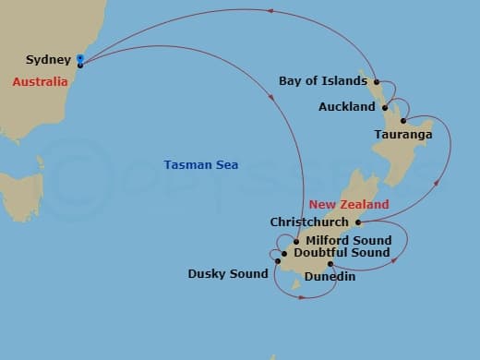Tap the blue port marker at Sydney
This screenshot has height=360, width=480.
click(80, 60)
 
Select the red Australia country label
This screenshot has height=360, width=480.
click(40, 81)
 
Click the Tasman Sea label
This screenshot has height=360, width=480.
click(201, 165)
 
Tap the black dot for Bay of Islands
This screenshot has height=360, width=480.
click(377, 81)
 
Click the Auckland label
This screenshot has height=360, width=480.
click(346, 107)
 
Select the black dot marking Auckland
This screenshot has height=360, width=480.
click(385, 107)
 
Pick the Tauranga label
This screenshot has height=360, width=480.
click(403, 135)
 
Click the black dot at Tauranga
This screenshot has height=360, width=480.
click(403, 121)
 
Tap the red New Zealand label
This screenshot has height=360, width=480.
click(349, 204)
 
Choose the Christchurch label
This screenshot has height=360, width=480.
click(309, 222)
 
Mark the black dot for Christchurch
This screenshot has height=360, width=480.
click(358, 222)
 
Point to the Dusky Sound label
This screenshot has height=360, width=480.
click(228, 273)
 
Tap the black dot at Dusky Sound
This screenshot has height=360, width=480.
click(277, 260)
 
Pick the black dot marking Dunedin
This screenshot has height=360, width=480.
click(330, 263)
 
